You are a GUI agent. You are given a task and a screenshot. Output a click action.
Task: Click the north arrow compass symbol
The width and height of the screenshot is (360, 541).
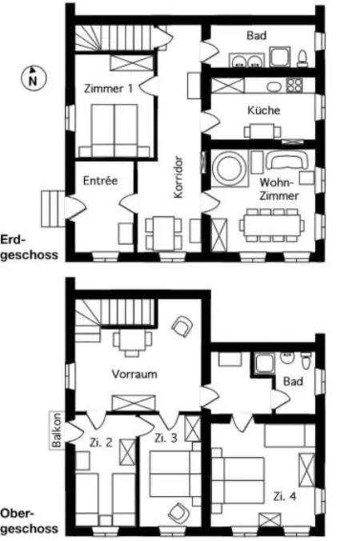(x=31, y=77)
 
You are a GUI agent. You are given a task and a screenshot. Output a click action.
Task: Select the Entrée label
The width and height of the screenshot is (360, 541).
(x=100, y=181)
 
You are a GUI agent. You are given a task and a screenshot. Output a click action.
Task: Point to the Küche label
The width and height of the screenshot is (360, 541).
(x=263, y=110)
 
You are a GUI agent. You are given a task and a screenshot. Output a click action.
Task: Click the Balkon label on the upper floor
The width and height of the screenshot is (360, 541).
(x=57, y=431)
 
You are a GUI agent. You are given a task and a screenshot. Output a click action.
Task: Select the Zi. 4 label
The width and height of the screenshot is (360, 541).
(x=284, y=495)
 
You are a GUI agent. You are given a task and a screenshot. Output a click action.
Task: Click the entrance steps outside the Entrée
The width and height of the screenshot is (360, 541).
(x=52, y=206)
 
